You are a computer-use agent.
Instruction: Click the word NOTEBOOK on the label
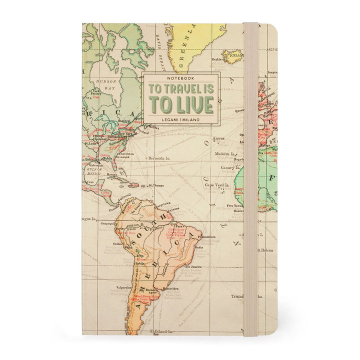pyautogui.click(x=180, y=79)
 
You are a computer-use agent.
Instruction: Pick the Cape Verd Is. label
pyautogui.click(x=216, y=185)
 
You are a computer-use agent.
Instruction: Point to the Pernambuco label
pyautogui.click(x=205, y=236)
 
